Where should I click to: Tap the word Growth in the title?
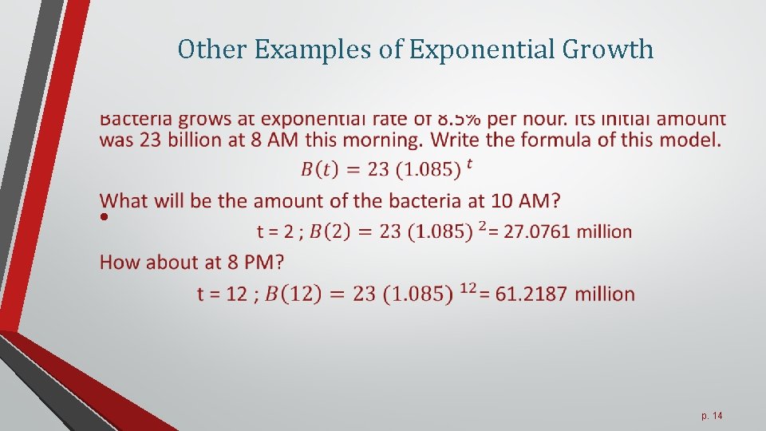coord(608,49)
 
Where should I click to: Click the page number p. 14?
coord(712,416)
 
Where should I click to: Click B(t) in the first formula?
coord(319,169)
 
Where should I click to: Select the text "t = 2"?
coord(276,231)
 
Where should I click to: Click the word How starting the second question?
coord(120,262)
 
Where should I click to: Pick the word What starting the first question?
coord(126,200)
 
